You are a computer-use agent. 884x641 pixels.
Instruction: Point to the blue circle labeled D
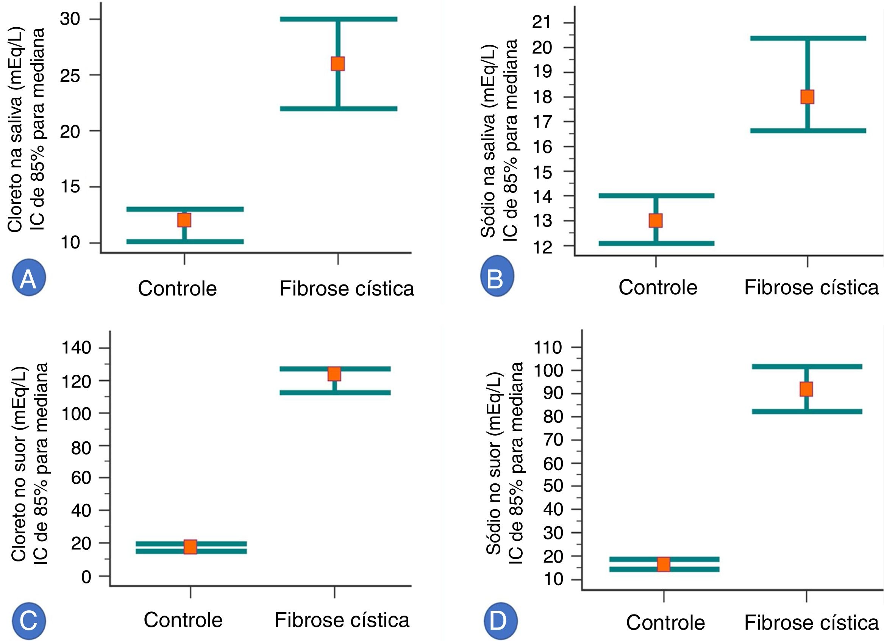(x=500, y=622)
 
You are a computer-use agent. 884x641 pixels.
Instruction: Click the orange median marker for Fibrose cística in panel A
(x=337, y=64)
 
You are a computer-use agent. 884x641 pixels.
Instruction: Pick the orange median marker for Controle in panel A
(x=184, y=220)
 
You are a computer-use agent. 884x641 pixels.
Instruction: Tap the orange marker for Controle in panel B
(x=656, y=221)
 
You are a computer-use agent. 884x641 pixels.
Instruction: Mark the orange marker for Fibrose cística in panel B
(x=807, y=97)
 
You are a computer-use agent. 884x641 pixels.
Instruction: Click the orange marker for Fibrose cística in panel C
(x=334, y=374)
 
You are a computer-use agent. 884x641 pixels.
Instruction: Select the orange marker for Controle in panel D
(x=664, y=564)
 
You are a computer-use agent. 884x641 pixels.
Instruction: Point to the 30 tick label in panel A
(x=70, y=19)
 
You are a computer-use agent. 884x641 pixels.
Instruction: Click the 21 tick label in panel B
(x=542, y=23)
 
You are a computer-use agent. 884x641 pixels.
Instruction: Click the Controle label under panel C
(x=183, y=620)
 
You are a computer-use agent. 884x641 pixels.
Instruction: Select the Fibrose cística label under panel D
(x=811, y=623)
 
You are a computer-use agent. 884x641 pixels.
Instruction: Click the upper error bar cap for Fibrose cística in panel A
(x=338, y=19)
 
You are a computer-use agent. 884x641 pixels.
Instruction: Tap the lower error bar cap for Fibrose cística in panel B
(x=807, y=131)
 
